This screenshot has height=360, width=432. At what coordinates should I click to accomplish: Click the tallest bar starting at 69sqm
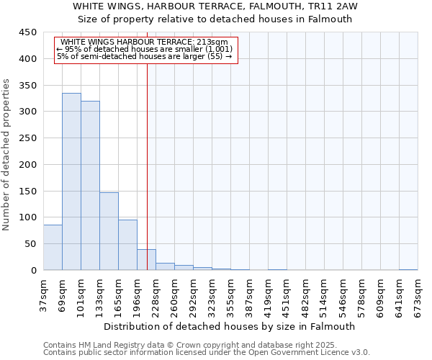pyautogui.click(x=71, y=181)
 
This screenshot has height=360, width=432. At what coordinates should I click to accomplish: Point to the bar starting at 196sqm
pyautogui.click(x=146, y=260)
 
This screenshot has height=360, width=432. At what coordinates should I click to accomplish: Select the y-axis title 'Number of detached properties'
pyautogui.click(x=7, y=155)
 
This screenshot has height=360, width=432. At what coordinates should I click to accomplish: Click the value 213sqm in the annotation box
pyautogui.click(x=215, y=42)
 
